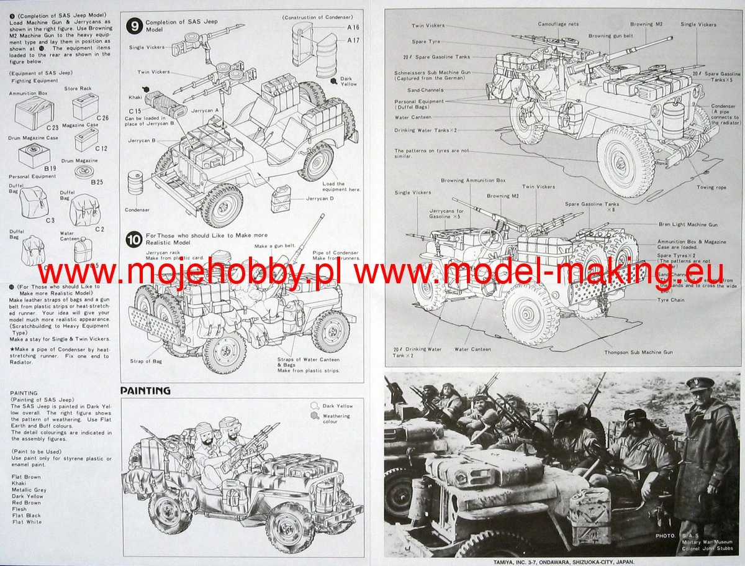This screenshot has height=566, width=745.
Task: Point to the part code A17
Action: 353,40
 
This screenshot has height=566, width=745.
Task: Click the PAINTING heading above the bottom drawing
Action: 145,391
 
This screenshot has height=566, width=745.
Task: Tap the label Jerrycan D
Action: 320,198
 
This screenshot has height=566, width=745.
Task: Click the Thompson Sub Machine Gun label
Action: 638,352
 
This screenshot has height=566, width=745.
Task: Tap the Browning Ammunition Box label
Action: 473,180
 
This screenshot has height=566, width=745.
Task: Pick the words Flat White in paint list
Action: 27,522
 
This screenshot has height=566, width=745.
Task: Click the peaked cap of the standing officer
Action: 700,384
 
